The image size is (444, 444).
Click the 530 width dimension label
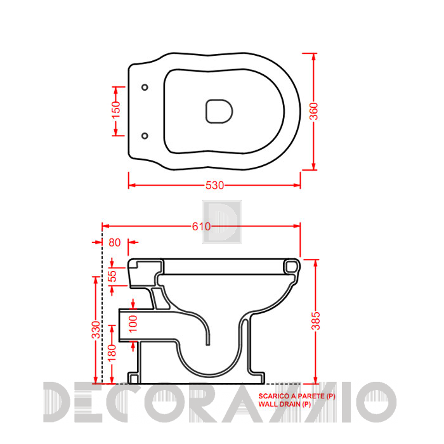(214, 185)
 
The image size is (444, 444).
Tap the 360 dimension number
(315, 111)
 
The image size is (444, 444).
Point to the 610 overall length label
(201, 226)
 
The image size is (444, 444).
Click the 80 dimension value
(115, 243)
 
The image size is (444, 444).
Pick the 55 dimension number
(113, 276)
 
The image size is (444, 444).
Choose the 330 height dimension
(96, 330)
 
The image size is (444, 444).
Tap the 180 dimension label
(112, 353)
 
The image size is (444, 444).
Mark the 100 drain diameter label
(133, 324)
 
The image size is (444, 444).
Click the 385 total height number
(316, 321)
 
